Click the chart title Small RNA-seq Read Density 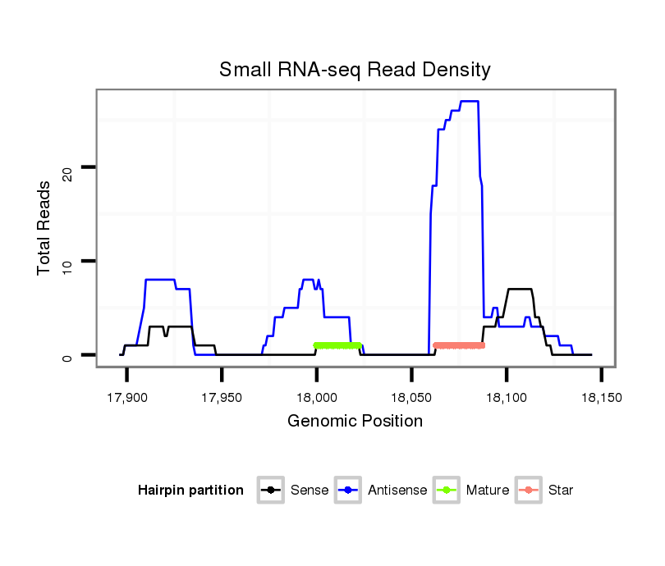(355, 70)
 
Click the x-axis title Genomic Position (355, 422)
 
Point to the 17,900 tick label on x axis (126, 398)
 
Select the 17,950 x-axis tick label (222, 398)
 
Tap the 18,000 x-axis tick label (317, 398)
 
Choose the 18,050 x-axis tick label (411, 398)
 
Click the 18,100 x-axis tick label (507, 398)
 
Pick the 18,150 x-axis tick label (602, 398)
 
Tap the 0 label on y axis (68, 356)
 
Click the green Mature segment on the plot (337, 345)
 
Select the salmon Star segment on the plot (459, 345)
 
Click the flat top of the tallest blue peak (469, 101)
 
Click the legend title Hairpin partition (190, 491)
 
